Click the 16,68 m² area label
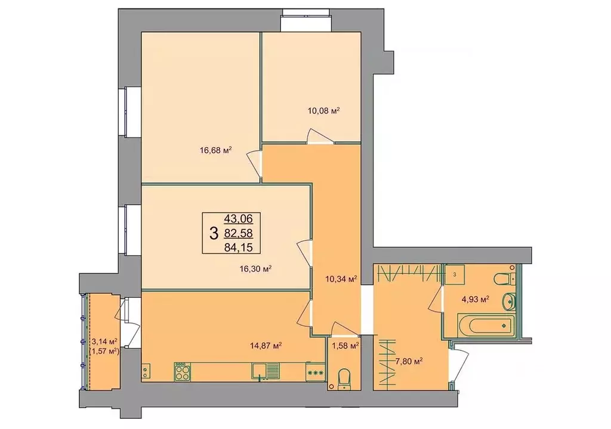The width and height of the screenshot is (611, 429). pyautogui.click(x=215, y=151)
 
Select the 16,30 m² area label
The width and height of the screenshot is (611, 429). pyautogui.click(x=256, y=269)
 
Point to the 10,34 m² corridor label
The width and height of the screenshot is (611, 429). pyautogui.click(x=340, y=278)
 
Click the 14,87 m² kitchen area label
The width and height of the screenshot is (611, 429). pyautogui.click(x=266, y=345)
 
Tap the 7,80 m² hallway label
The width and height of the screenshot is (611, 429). pyautogui.click(x=410, y=360)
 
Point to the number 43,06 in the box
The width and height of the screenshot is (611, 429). pyautogui.click(x=238, y=219)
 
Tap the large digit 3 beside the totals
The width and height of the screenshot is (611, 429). pyautogui.click(x=214, y=232)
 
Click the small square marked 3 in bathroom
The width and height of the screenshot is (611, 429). pyautogui.click(x=455, y=274)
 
